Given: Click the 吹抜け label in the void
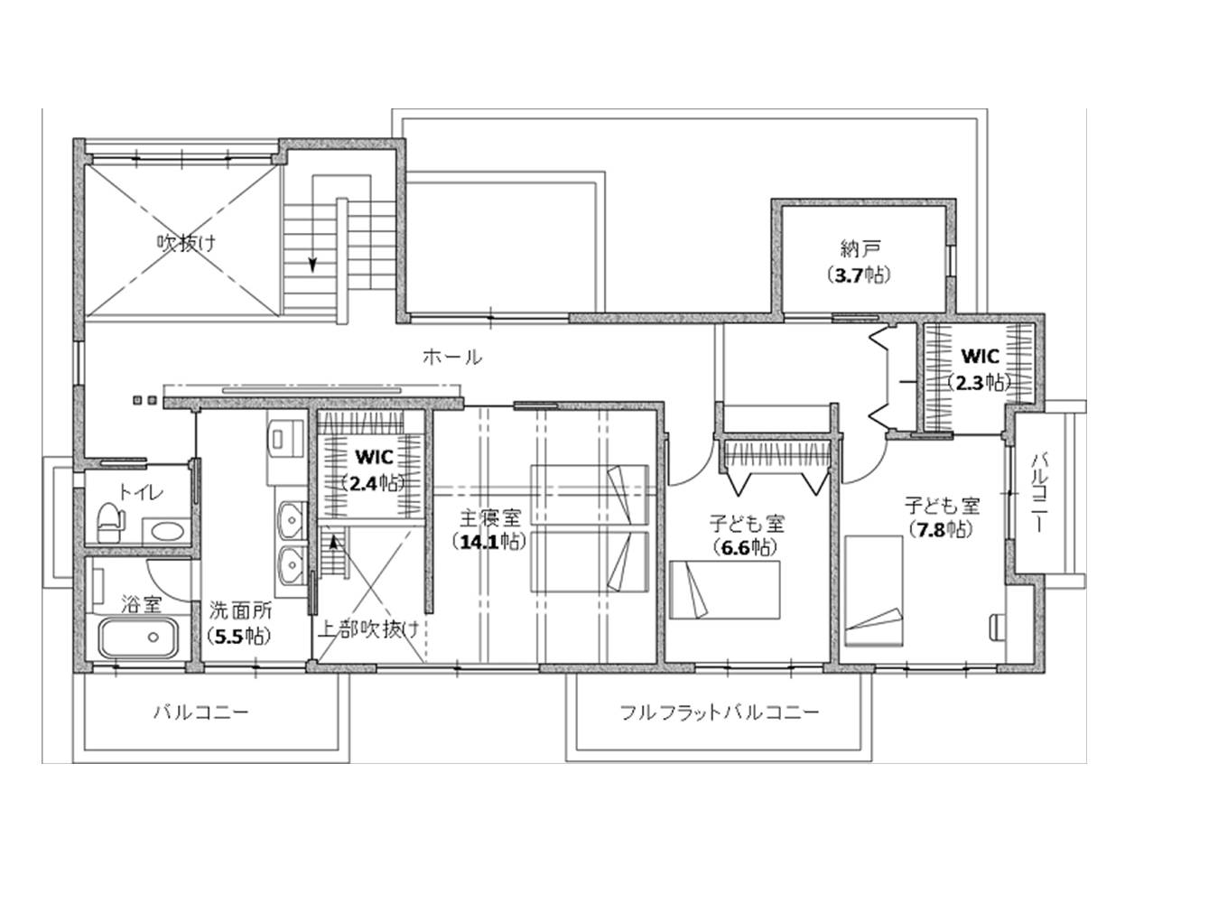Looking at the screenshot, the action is (x=187, y=242).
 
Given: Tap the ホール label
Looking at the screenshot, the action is (x=452, y=357).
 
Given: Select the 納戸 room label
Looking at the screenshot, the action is (x=860, y=249).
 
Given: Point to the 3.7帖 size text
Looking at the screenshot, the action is (x=860, y=275).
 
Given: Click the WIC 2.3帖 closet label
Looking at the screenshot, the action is (x=980, y=369).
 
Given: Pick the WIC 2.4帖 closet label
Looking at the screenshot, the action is (x=374, y=470).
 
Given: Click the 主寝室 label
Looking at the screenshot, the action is (x=490, y=517).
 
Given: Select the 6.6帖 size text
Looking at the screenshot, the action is (x=746, y=547).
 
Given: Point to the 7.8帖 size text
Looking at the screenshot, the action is (x=942, y=529).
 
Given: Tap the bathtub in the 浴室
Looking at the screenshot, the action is (x=138, y=638).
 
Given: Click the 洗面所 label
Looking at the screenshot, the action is (x=240, y=610).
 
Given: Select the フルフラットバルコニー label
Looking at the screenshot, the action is (x=719, y=712).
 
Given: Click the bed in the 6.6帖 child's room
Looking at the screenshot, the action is (x=725, y=590).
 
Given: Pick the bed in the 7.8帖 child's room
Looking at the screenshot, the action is (x=874, y=591).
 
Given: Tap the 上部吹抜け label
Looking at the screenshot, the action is (x=368, y=629).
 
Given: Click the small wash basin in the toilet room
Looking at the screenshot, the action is (x=168, y=531).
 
